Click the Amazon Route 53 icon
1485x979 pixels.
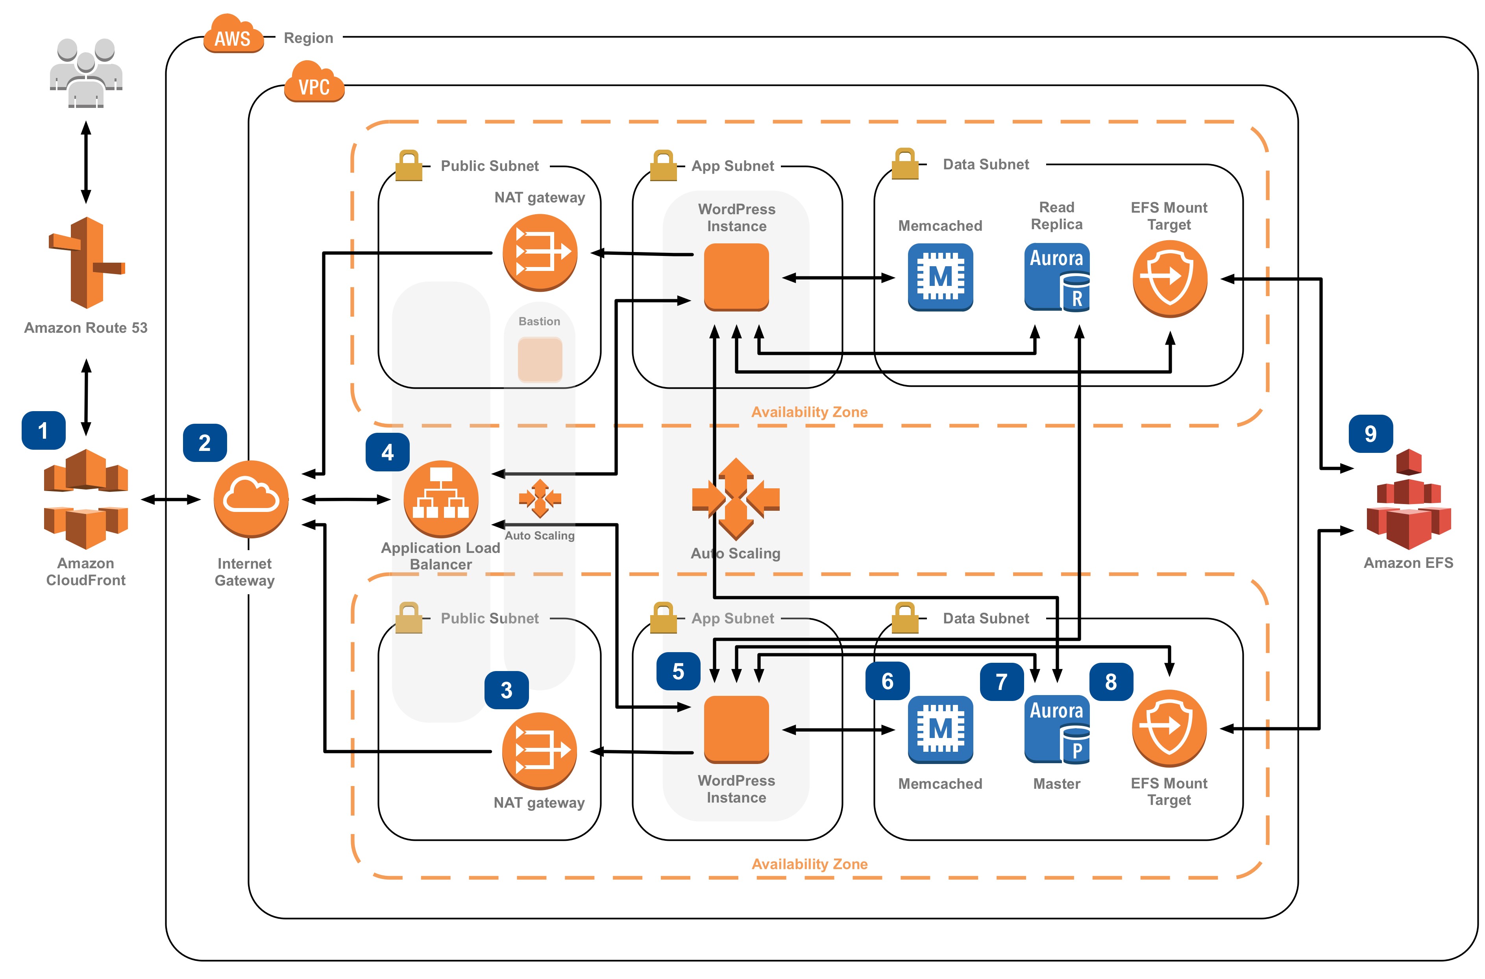87,263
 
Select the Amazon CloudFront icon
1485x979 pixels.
86,499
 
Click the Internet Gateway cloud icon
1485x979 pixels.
251,499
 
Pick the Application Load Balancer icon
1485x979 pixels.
441,499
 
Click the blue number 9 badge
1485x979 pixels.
1370,433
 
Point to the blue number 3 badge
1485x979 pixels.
507,690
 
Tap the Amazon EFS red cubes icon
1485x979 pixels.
1408,499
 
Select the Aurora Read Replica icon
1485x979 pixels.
1057,277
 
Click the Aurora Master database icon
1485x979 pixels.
1057,729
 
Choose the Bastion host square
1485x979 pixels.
540,360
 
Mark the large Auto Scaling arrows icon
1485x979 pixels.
736,499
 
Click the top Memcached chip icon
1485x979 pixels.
940,277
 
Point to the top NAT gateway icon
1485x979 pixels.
540,252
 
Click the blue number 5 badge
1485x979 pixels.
678,671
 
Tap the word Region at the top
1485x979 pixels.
308,38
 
